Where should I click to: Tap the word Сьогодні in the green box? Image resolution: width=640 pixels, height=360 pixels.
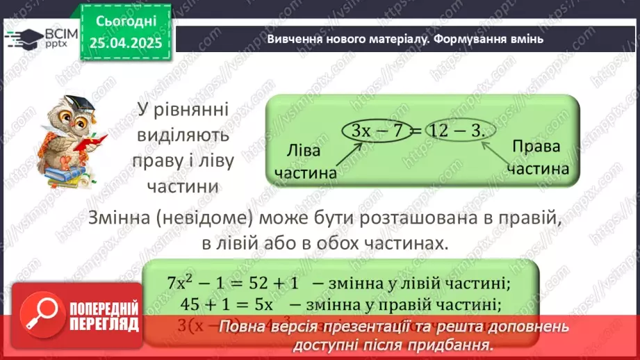tap(126, 21)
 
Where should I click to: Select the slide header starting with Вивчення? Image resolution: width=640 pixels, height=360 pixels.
tap(405, 39)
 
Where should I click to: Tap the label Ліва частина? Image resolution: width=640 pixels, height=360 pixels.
tap(306, 163)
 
